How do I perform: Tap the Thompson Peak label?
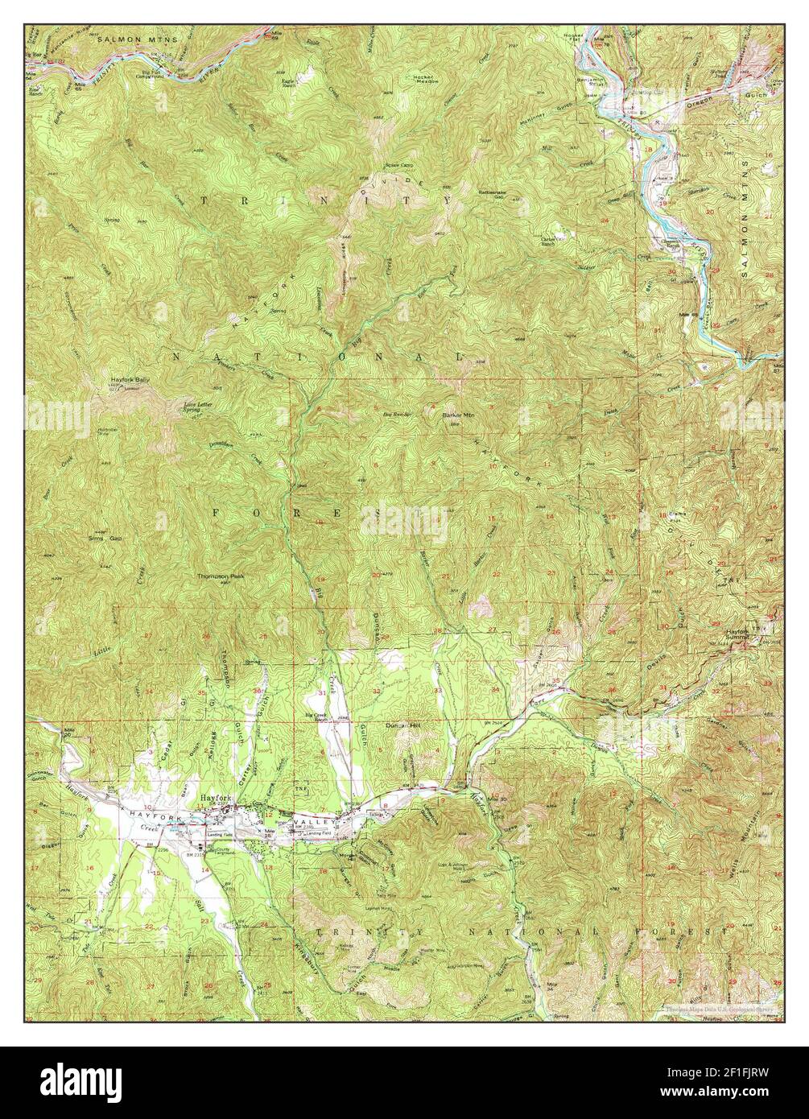pos(221,576)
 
